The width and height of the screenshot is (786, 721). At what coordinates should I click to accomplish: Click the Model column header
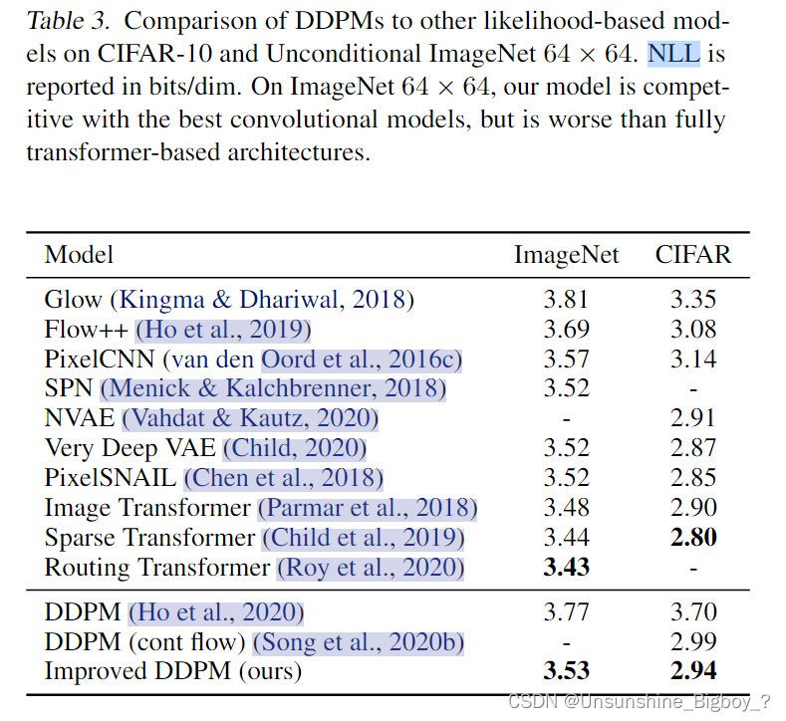[x=79, y=254]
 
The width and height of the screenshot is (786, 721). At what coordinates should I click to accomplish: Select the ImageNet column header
[x=566, y=254]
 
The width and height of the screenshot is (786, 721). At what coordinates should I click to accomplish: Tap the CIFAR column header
[x=692, y=254]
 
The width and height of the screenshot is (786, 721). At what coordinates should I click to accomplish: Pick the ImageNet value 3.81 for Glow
[x=566, y=299]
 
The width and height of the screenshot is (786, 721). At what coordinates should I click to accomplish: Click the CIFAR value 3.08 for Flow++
[x=692, y=329]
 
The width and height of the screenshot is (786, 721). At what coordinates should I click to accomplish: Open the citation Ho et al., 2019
[x=224, y=329]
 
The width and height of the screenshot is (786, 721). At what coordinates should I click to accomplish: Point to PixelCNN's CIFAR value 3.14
[x=692, y=359]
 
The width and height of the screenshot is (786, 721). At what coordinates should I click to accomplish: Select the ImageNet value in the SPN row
[x=566, y=388]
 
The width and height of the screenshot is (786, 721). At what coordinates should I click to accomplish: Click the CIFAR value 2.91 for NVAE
[x=692, y=418]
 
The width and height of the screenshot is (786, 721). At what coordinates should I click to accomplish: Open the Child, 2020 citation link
[x=295, y=448]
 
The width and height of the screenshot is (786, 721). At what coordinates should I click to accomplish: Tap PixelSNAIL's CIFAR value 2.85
[x=692, y=478]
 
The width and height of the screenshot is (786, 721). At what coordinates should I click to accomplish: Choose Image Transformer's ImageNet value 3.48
[x=566, y=508]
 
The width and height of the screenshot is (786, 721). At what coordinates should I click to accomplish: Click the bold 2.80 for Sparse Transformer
[x=692, y=538]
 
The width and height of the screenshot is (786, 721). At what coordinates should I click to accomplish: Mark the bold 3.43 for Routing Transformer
[x=566, y=568]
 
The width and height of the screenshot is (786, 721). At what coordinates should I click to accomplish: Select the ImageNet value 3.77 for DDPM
[x=566, y=611]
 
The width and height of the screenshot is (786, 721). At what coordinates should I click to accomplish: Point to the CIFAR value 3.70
[x=692, y=611]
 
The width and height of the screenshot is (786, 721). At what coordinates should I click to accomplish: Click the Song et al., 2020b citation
[x=359, y=641]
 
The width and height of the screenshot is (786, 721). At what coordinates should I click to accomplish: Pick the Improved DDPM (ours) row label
[x=172, y=671]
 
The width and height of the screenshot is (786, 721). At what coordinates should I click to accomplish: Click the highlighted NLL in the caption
[x=672, y=53]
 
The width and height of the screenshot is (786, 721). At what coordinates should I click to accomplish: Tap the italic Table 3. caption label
[x=67, y=19]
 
